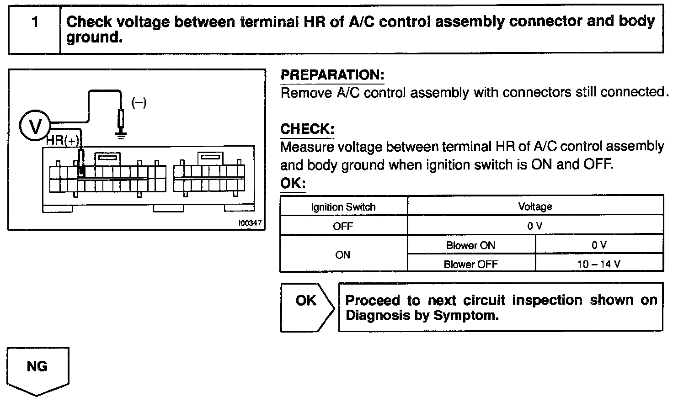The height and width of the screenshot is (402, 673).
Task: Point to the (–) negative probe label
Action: tap(139, 103)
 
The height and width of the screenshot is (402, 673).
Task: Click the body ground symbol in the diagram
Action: tap(121, 134)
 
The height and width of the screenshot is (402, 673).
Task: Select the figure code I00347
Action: tap(250, 223)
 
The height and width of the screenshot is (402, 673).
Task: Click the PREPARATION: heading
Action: tap(332, 75)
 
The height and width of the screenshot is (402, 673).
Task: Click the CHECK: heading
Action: tap(307, 129)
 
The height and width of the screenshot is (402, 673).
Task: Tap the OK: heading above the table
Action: tap(292, 184)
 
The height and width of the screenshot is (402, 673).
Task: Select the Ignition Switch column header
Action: tap(343, 207)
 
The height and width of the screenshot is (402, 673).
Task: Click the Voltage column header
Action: tap(535, 206)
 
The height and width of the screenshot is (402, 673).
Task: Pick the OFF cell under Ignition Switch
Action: tap(343, 226)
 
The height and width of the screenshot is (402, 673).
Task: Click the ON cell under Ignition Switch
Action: tap(343, 254)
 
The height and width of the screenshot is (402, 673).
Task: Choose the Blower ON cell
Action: tap(470, 245)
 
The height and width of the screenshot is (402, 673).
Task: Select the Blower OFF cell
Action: tap(470, 264)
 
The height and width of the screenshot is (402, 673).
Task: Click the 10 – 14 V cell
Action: tap(598, 264)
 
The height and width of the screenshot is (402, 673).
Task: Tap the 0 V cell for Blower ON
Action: tap(598, 245)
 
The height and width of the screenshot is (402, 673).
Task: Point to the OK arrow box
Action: tap(306, 307)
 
